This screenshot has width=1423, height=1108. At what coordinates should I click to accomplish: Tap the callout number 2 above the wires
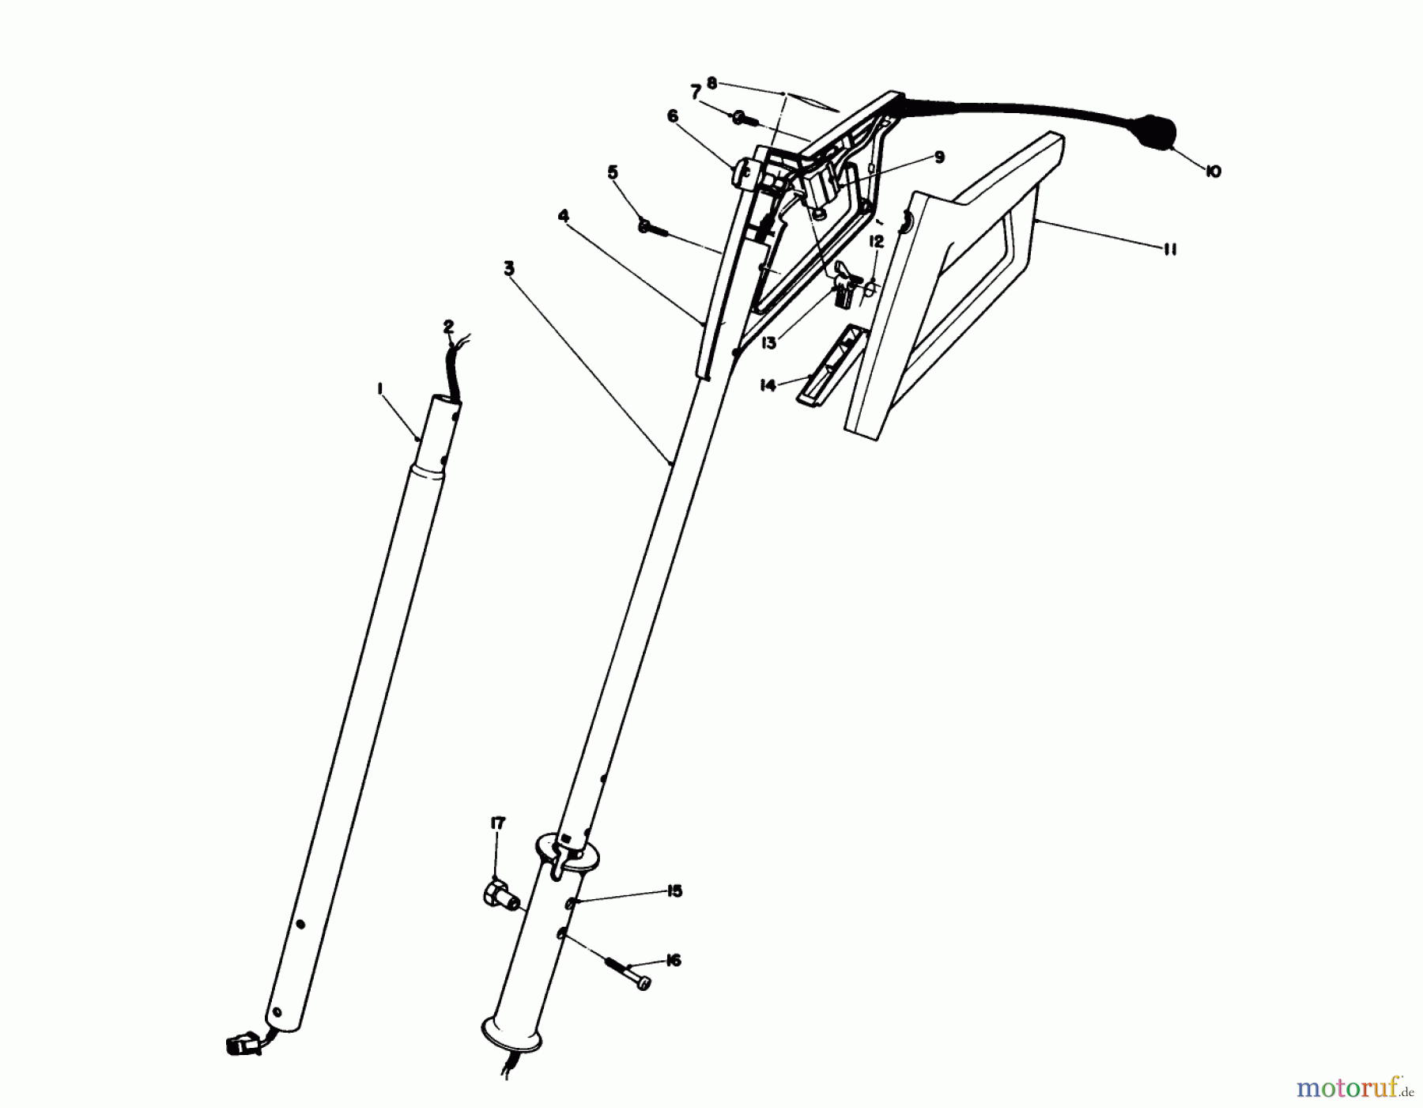point(448,326)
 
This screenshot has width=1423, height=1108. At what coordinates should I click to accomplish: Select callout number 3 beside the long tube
point(508,269)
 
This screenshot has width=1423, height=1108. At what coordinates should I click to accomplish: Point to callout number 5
point(612,173)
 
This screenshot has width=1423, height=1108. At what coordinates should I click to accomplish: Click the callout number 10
point(1213,171)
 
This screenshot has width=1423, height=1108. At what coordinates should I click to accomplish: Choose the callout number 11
point(1170,250)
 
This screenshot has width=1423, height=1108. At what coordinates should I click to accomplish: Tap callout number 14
point(767,386)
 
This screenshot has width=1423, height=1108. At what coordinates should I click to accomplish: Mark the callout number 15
point(674,891)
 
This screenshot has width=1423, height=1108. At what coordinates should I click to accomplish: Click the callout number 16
point(674,960)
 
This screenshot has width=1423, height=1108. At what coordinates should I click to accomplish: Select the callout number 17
point(497,824)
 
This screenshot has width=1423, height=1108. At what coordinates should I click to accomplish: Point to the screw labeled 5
point(655,228)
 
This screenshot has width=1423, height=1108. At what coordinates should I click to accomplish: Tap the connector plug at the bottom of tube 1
point(243,1044)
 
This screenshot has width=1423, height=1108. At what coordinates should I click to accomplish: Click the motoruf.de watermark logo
point(1354,1089)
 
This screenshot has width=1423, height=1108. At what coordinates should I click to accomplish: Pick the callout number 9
point(938,157)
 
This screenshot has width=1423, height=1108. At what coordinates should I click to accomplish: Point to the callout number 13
point(769,343)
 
